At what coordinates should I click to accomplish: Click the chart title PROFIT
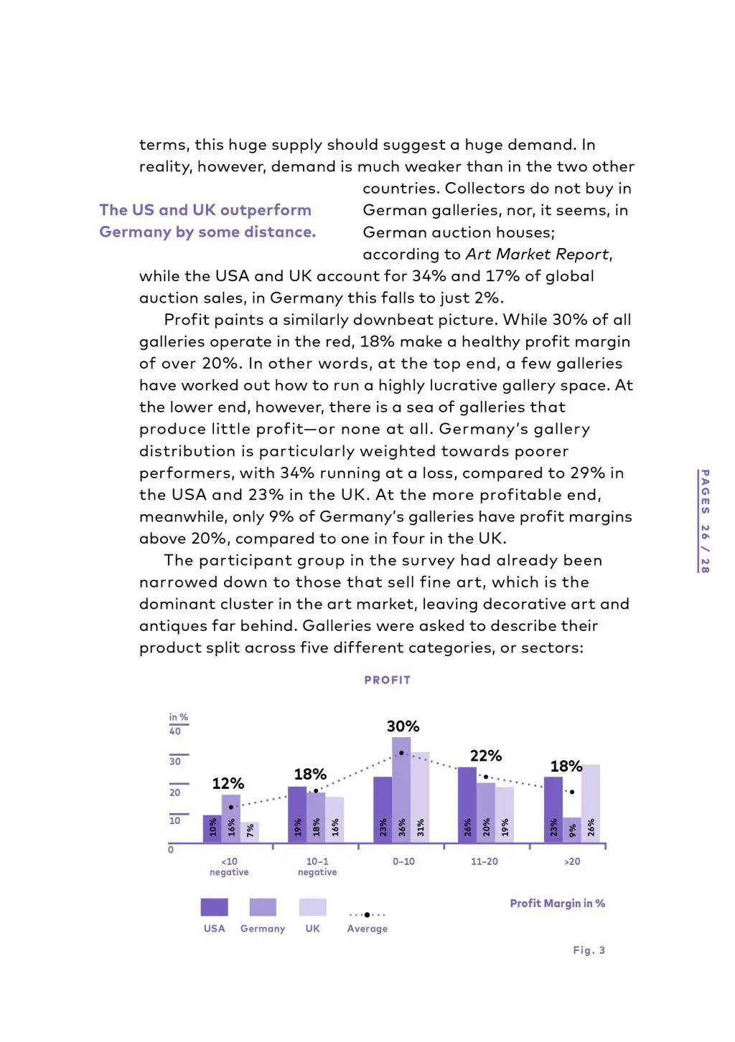click(x=387, y=680)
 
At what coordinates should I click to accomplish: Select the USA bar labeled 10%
click(x=212, y=828)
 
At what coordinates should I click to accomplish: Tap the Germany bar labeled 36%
click(x=401, y=790)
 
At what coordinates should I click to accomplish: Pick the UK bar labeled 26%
click(x=591, y=803)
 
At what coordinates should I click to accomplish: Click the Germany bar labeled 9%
click(x=572, y=830)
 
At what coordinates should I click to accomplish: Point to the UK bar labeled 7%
click(x=250, y=832)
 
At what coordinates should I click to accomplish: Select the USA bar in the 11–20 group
click(x=467, y=805)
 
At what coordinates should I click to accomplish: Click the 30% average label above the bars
click(x=403, y=726)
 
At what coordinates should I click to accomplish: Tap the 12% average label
click(x=228, y=783)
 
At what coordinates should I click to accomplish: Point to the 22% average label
click(x=486, y=756)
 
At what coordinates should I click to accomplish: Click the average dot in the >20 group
click(x=572, y=792)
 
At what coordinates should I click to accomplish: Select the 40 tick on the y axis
click(x=175, y=731)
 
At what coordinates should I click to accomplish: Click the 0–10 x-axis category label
click(x=403, y=861)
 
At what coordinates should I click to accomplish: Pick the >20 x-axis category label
click(x=572, y=861)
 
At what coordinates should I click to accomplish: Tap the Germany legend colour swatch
click(x=263, y=907)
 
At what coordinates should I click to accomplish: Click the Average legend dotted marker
click(x=367, y=914)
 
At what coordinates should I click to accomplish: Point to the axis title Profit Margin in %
click(x=557, y=904)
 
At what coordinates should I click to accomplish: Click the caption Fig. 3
click(x=589, y=950)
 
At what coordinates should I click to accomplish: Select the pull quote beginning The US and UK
click(x=207, y=221)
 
